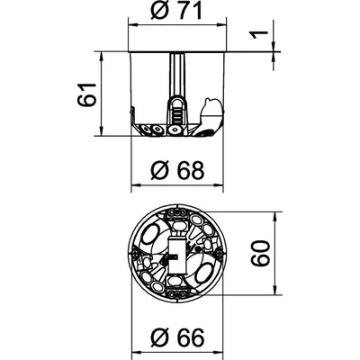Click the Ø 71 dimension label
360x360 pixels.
coord(176,11)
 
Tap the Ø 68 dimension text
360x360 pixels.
coord(177,171)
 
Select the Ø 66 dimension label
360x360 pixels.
coord(177,337)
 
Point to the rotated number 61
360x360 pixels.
coord(86,94)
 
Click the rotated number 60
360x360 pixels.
coord(260,253)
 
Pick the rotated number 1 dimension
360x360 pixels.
coord(259,35)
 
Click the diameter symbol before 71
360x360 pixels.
coord(159,12)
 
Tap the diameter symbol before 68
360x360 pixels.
coord(160,171)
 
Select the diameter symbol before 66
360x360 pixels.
coord(160,337)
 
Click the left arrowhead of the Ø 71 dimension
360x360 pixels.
coord(132,25)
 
